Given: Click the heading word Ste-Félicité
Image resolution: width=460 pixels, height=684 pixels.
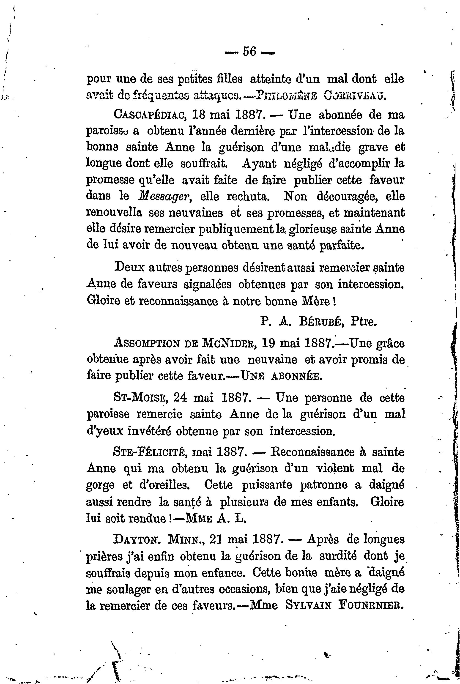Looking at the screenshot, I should coord(150,453).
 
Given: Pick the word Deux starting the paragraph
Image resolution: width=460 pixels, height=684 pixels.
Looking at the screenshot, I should coord(129,268).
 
